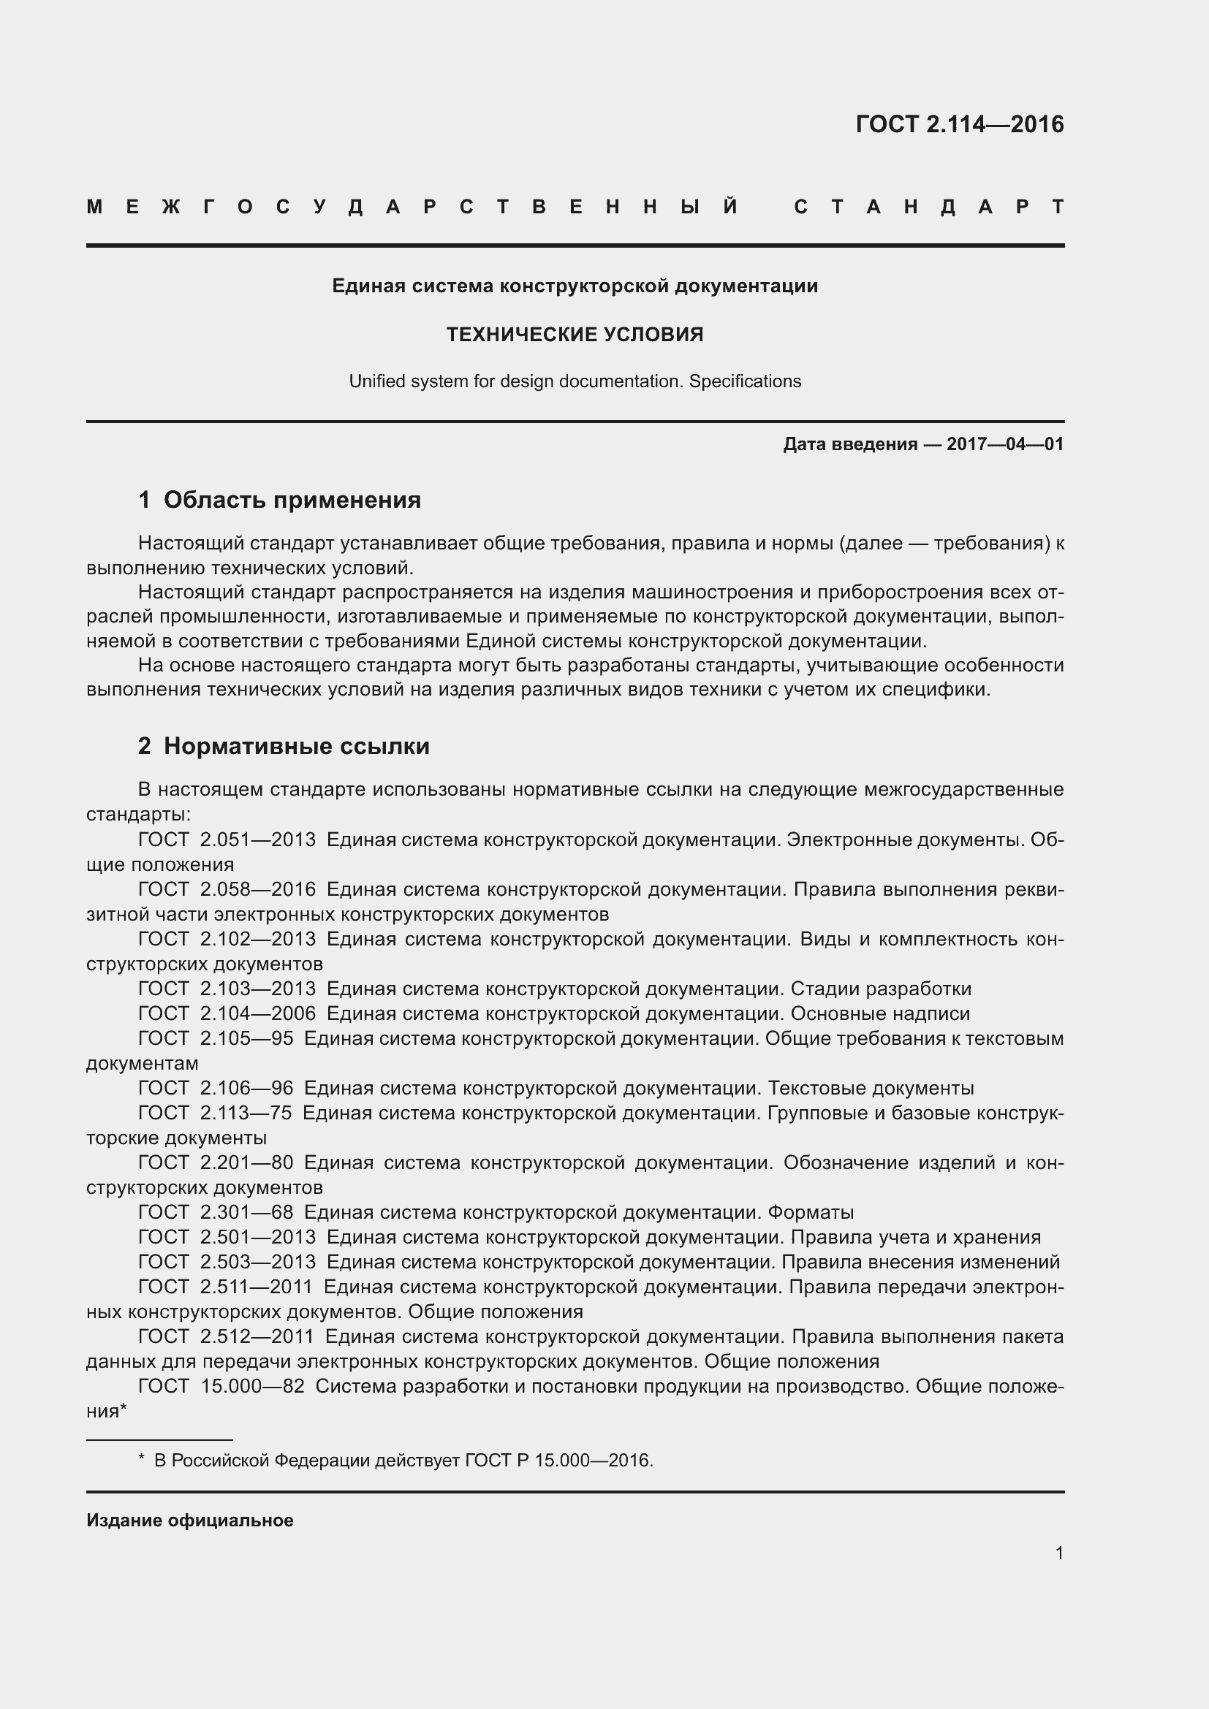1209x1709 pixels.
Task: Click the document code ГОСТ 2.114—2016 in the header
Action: point(959,123)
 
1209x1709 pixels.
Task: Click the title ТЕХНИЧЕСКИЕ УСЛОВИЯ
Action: point(575,335)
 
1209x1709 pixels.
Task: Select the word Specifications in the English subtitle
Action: point(744,382)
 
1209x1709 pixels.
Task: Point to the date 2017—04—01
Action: point(1004,444)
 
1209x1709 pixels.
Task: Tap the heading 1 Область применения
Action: point(280,500)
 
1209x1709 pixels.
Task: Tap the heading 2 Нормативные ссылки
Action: point(284,746)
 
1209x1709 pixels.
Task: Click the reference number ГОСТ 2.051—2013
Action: point(227,840)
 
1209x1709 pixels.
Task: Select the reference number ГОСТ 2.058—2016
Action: point(227,889)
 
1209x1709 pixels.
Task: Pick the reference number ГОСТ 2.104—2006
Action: point(227,1014)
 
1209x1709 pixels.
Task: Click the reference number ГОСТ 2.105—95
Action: point(216,1038)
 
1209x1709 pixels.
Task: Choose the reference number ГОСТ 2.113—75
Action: point(216,1113)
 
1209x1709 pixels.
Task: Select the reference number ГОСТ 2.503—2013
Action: point(227,1262)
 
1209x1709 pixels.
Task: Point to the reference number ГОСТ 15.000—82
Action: point(221,1386)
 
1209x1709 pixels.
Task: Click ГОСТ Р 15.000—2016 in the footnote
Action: point(558,1461)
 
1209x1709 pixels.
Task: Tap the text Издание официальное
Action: point(190,1520)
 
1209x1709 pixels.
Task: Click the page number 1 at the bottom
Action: point(1058,1553)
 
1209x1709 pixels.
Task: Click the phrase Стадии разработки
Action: point(881,989)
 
